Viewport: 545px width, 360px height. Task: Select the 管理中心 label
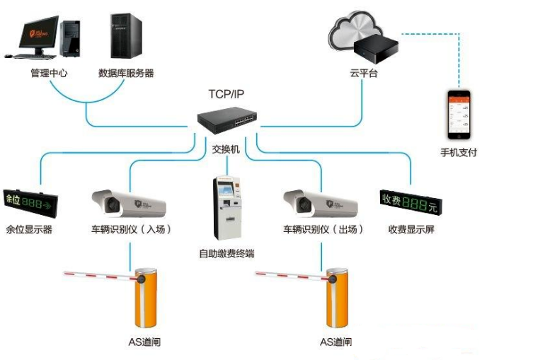pos(49,72)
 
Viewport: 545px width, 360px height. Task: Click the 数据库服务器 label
pos(126,72)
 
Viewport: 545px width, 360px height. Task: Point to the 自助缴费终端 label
pos(226,252)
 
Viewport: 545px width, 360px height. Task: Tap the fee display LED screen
pos(411,202)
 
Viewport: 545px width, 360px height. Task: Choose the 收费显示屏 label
pos(411,229)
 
